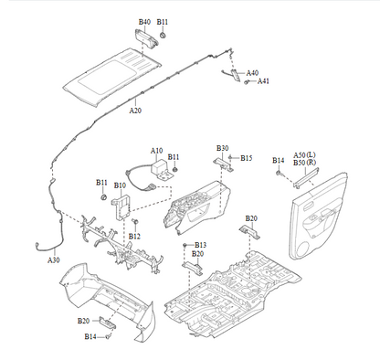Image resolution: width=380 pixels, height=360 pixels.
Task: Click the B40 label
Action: pyautogui.click(x=144, y=21)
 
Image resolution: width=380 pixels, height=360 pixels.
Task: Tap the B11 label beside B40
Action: pyautogui.click(x=163, y=21)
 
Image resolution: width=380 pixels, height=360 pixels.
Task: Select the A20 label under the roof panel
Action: pyautogui.click(x=135, y=110)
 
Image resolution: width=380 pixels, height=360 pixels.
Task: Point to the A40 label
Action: pyautogui.click(x=252, y=72)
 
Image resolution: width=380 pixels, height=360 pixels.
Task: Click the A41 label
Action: pyautogui.click(x=263, y=81)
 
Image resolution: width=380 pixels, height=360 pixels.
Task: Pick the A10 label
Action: pyautogui.click(x=156, y=150)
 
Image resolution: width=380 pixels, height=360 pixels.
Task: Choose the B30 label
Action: pyautogui.click(x=222, y=148)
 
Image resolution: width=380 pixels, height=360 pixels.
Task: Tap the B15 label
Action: pyautogui.click(x=246, y=158)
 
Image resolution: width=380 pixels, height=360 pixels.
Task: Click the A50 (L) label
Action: pyautogui.click(x=305, y=154)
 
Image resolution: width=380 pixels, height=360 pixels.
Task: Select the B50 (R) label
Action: pyautogui.click(x=305, y=163)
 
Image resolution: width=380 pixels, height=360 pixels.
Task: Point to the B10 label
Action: pyautogui.click(x=120, y=185)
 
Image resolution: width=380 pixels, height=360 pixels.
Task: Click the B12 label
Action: pyautogui.click(x=134, y=236)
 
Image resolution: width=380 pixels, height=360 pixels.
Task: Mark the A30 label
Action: pyautogui.click(x=54, y=260)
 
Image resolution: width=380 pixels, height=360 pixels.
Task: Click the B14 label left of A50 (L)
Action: pyautogui.click(x=279, y=161)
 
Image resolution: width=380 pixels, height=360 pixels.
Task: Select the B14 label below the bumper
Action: pyautogui.click(x=90, y=337)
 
